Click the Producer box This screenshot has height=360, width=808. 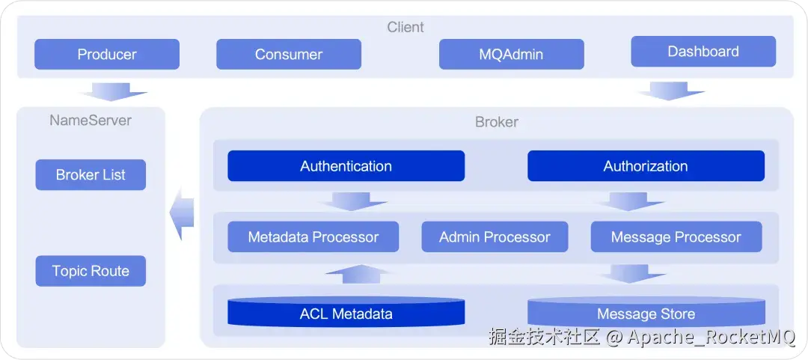(x=107, y=54)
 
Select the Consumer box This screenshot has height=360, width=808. (x=289, y=54)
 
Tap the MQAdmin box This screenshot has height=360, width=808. (x=511, y=54)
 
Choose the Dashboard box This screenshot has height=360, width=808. (x=703, y=52)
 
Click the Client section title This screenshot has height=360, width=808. (x=405, y=27)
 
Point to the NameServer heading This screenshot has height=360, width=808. (x=91, y=120)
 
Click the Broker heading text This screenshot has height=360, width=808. (x=497, y=122)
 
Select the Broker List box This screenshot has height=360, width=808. (x=91, y=175)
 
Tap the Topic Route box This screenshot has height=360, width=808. (x=91, y=271)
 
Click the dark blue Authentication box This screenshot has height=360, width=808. (x=346, y=166)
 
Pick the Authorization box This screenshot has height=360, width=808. (x=646, y=166)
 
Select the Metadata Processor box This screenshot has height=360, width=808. (x=313, y=237)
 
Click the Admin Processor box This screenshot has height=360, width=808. (x=495, y=237)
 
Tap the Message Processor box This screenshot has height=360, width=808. (x=676, y=237)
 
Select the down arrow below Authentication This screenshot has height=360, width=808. (x=353, y=201)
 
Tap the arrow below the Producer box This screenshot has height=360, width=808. (x=113, y=91)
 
